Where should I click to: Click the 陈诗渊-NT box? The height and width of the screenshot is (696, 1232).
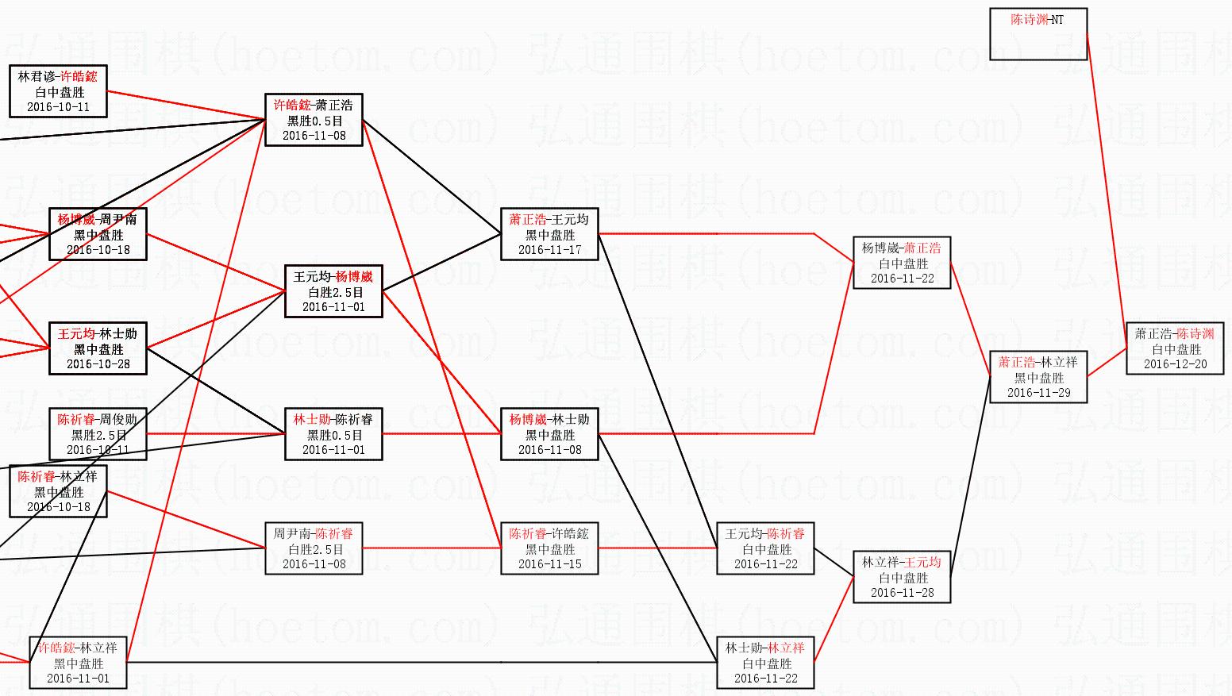point(1038,34)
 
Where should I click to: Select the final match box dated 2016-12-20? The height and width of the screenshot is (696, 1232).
point(1175,348)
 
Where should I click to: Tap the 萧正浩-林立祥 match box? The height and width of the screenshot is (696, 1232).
point(1038,377)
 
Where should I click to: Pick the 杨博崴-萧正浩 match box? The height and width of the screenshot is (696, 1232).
point(902,263)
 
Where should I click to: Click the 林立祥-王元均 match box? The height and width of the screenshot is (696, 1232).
point(902,577)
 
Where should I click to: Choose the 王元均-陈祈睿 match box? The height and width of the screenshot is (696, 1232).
point(765,548)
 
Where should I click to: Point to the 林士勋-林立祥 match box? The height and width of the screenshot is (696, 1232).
point(765,663)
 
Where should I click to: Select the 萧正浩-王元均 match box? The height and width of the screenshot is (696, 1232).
point(549,234)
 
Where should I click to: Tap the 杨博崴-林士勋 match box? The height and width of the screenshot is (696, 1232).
point(549,434)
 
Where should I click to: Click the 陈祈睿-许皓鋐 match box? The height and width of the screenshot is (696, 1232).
point(549,548)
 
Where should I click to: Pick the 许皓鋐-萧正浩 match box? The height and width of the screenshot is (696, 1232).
point(314,120)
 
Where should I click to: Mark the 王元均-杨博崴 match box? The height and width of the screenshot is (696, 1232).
point(333,291)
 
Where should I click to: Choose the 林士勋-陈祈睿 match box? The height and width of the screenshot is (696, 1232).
point(333,434)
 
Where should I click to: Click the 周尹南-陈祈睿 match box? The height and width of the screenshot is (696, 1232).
point(314,548)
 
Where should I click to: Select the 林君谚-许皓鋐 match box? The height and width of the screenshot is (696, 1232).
point(58,91)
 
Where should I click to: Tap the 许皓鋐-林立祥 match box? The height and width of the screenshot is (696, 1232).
point(78,663)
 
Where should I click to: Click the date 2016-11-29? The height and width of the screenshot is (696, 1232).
point(1038,393)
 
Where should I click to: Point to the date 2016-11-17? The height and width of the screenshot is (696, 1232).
point(549,250)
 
